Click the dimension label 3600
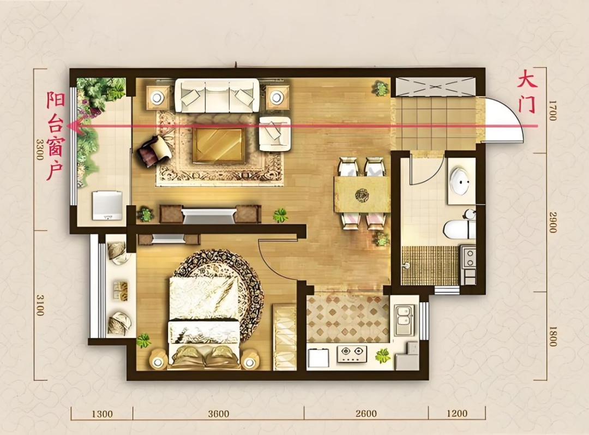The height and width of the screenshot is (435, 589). click(x=218, y=414)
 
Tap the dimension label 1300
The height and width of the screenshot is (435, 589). click(x=102, y=414)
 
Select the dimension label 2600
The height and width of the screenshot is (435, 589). click(x=366, y=414)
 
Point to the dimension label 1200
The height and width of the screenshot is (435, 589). click(x=457, y=414)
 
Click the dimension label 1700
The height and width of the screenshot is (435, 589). click(x=552, y=111)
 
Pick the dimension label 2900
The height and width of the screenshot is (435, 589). click(x=552, y=222)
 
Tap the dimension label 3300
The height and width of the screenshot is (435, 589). click(x=39, y=149)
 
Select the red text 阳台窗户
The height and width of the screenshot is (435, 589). click(x=56, y=136)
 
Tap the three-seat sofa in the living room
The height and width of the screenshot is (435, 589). click(x=217, y=95)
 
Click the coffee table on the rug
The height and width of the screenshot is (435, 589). click(x=218, y=146)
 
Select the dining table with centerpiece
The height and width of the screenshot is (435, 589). click(x=362, y=195)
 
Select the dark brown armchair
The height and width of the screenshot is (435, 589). click(x=155, y=151)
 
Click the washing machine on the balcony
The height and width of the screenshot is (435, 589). click(x=107, y=205)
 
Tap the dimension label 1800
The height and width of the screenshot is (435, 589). click(x=552, y=335)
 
